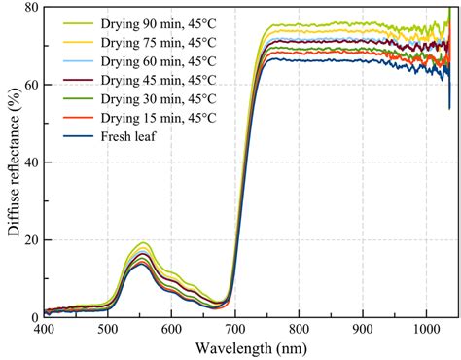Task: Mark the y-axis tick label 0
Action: (34, 317)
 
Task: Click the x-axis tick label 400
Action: (44, 331)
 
